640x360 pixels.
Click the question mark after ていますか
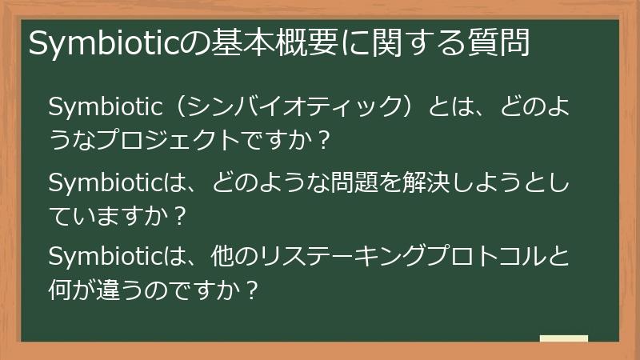pyautogui.click(x=182, y=216)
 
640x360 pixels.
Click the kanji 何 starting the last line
pyautogui.click(x=61, y=290)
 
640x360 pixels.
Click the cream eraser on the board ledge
pyautogui.click(x=564, y=339)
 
